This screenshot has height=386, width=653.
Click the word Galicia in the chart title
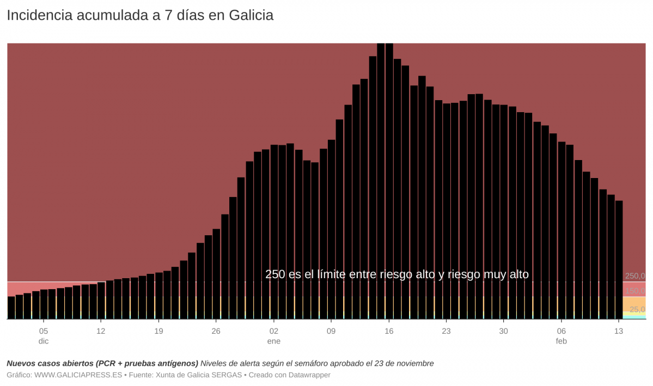[x=251, y=16]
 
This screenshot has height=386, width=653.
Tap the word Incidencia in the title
[x=39, y=16]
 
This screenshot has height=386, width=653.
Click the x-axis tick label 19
[x=158, y=331]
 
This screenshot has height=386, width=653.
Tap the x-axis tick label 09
[x=331, y=331]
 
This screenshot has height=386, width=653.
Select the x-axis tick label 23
[x=446, y=331]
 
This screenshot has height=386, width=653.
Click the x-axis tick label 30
[x=504, y=331]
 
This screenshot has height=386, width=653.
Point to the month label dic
[x=44, y=341]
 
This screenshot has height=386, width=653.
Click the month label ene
[x=273, y=341]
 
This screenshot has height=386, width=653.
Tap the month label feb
[x=562, y=341]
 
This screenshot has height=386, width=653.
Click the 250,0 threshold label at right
[x=635, y=276]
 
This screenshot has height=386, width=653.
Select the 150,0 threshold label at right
[x=635, y=291]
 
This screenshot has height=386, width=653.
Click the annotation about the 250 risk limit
[x=397, y=274]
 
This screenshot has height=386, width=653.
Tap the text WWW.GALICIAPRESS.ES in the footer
[x=78, y=375]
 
